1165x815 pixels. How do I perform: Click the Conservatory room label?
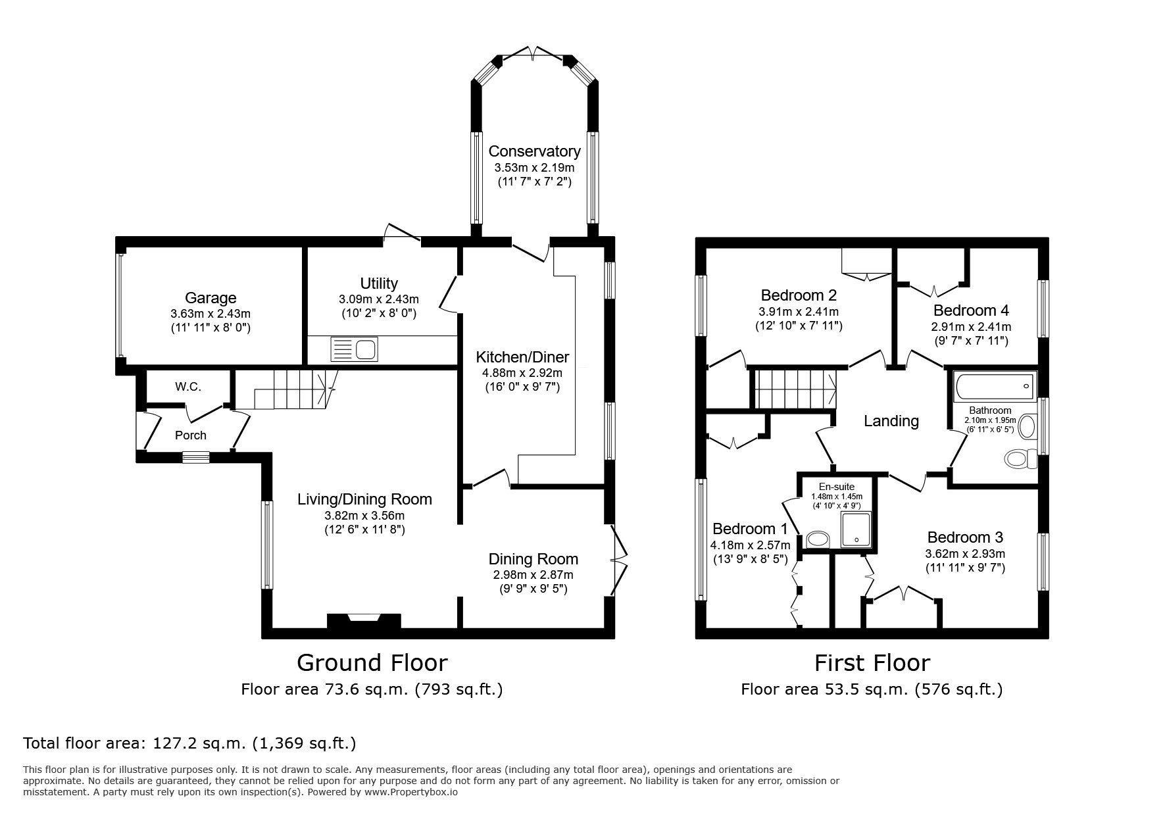click(534, 151)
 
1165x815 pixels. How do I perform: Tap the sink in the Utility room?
click(355, 349)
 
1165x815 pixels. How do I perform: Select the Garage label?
click(211, 298)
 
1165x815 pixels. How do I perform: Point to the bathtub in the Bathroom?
click(995, 386)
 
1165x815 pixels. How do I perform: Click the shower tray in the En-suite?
click(857, 530)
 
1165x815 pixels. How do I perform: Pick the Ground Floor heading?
click(372, 662)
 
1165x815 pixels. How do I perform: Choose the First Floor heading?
click(872, 662)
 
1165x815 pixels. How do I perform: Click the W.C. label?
click(188, 387)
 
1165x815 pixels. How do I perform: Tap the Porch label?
click(191, 435)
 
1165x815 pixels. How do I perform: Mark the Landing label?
click(891, 421)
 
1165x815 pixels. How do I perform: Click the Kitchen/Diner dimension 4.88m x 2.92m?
click(522, 373)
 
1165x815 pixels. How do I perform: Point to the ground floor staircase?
click(287, 389)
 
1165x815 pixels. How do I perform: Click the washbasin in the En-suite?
click(818, 539)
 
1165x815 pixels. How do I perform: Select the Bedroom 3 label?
click(965, 537)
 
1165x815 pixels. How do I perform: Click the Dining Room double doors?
click(619, 560)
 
